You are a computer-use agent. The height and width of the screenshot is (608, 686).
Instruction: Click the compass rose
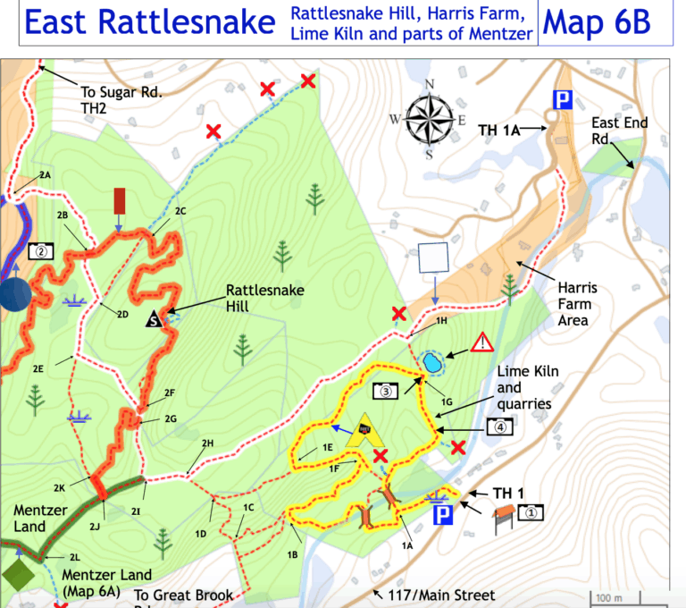[x=430, y=119]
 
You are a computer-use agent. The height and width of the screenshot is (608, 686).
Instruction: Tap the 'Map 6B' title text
[x=609, y=23]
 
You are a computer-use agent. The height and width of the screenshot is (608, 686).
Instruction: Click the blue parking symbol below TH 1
[x=441, y=516]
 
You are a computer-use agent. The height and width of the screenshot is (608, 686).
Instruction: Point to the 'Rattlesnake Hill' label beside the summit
[x=264, y=298]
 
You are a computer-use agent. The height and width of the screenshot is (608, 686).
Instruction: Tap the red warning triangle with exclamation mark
[x=481, y=342]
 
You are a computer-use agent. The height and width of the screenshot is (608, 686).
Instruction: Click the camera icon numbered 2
[x=42, y=251]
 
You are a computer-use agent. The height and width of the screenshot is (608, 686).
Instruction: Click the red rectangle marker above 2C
[x=119, y=202]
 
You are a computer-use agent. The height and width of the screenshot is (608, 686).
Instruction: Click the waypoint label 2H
[x=207, y=443]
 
